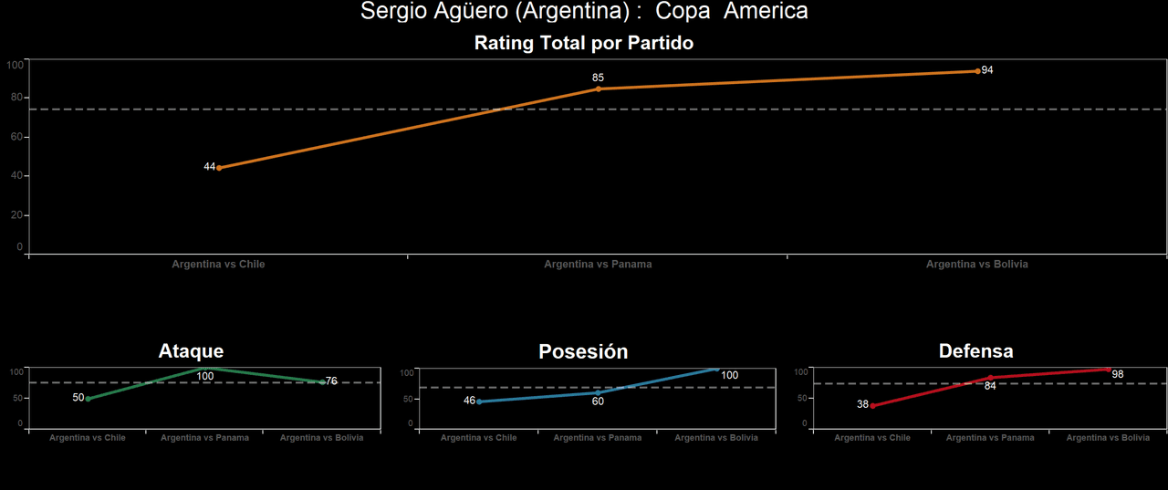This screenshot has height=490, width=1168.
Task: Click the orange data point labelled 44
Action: click(219, 168)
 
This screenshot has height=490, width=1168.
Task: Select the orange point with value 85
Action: click(599, 89)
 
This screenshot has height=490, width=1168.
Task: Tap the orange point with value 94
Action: click(977, 71)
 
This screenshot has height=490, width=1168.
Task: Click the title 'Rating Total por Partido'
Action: click(583, 43)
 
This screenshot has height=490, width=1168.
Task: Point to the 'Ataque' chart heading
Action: click(191, 351)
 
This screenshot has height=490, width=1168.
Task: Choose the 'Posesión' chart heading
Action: click(583, 351)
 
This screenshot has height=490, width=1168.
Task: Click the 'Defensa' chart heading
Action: click(975, 351)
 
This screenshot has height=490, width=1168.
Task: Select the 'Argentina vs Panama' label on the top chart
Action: click(598, 265)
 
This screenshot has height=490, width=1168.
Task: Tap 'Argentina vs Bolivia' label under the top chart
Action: click(976, 265)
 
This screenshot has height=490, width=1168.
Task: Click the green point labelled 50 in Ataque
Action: click(88, 399)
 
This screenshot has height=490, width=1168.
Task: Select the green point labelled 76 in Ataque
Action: click(322, 382)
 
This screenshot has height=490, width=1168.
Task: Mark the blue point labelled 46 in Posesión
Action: click(479, 401)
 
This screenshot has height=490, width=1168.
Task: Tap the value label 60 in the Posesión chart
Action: click(598, 401)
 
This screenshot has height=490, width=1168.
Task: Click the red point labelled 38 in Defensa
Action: click(872, 405)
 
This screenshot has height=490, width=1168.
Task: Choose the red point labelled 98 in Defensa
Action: click(1108, 370)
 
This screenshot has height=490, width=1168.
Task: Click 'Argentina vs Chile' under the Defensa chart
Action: click(872, 438)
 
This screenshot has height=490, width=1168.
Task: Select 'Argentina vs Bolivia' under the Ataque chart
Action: click(321, 438)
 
